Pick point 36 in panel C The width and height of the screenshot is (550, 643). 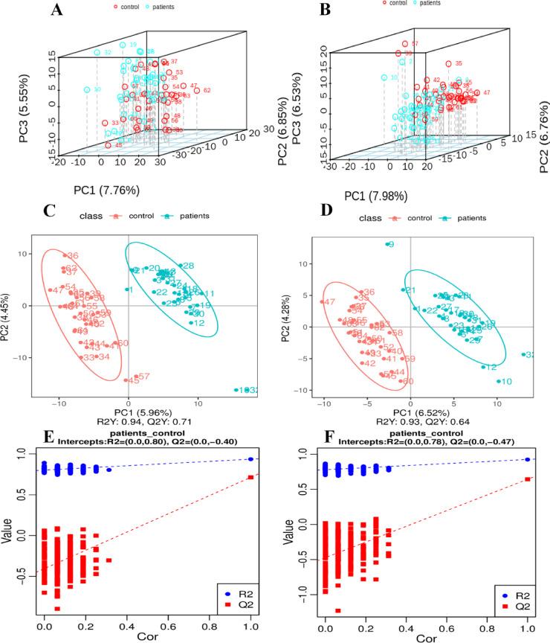click(65, 256)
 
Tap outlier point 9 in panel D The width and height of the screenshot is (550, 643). click(387, 244)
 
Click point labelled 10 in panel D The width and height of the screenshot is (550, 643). click(498, 382)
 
